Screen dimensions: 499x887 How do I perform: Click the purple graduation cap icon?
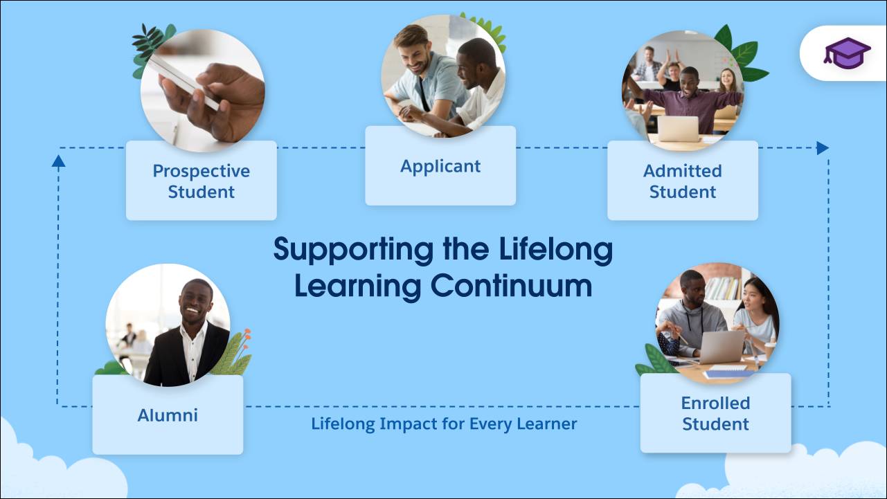coord(847,53)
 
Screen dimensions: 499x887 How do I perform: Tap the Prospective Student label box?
coord(201,181)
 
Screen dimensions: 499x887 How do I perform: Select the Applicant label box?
coord(440,166)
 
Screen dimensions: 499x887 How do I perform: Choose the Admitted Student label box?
coord(682,181)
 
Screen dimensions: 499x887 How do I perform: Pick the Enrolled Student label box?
coord(715,413)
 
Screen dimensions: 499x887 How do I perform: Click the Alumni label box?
coord(168,415)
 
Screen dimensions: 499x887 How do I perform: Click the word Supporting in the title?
coord(351,249)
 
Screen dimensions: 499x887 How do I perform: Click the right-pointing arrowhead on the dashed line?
coord(822,147)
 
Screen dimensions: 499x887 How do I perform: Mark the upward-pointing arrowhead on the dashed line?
coord(58,161)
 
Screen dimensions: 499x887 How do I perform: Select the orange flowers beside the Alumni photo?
coord(245,340)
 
